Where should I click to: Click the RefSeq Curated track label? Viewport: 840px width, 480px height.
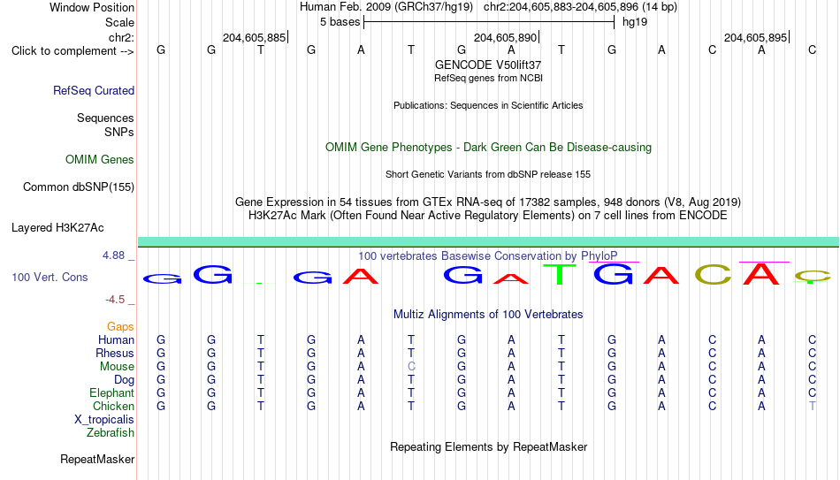[x=94, y=90]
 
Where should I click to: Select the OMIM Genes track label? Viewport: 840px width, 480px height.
[x=100, y=160]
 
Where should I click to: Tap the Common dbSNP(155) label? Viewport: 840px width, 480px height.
[x=79, y=187]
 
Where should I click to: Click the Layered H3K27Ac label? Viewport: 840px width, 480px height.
[x=57, y=228]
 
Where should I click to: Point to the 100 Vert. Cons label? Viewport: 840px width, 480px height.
[x=50, y=277]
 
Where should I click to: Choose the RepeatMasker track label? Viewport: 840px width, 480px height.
[x=97, y=459]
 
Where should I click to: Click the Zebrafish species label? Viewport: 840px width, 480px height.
[x=111, y=433]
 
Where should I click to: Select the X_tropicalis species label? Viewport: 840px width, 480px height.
[x=104, y=420]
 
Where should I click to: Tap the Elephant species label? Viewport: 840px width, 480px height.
[x=111, y=393]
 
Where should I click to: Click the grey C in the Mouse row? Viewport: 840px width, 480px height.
[x=411, y=367]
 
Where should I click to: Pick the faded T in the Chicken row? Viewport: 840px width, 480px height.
[x=812, y=406]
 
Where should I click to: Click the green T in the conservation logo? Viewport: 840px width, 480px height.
[x=561, y=274]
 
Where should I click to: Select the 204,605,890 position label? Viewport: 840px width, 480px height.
[x=505, y=37]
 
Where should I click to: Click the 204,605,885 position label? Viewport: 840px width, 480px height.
[x=255, y=37]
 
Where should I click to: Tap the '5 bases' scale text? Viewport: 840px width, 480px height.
[x=340, y=22]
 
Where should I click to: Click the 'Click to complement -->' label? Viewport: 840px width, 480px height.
[x=73, y=51]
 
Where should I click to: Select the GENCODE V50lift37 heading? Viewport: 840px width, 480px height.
[x=488, y=65]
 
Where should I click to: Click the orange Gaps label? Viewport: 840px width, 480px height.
[x=120, y=327]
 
